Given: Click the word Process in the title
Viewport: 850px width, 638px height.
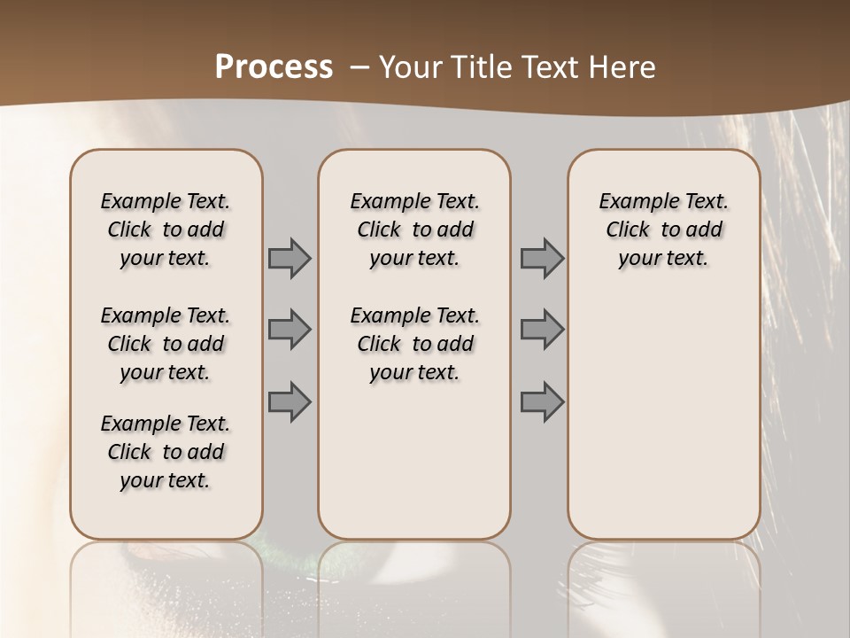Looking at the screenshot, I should [274, 67].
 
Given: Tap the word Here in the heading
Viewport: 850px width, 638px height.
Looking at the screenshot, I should [619, 67].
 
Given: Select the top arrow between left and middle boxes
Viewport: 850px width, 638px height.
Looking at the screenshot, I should [290, 258].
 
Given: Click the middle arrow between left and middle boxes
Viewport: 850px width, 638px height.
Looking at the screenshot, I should [290, 330].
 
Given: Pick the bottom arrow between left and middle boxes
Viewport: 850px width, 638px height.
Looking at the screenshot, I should [290, 401].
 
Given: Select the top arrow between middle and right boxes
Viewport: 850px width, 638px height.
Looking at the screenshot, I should [542, 258].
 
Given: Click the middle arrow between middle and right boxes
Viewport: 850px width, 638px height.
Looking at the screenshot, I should [542, 330].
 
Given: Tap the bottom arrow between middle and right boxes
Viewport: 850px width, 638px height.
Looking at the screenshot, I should [542, 401].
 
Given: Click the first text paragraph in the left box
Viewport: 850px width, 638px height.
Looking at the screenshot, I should [166, 230].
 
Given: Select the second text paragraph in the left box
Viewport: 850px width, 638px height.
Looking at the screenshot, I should [166, 344].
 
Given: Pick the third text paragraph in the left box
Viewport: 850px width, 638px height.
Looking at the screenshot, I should [166, 452].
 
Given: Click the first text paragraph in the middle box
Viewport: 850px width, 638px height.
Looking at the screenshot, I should [414, 230].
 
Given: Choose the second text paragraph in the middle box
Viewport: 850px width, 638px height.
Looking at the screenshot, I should [414, 344].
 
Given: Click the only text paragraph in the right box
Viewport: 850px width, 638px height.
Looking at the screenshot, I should [663, 230].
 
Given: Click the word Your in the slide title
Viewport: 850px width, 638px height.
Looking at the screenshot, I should [406, 67].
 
